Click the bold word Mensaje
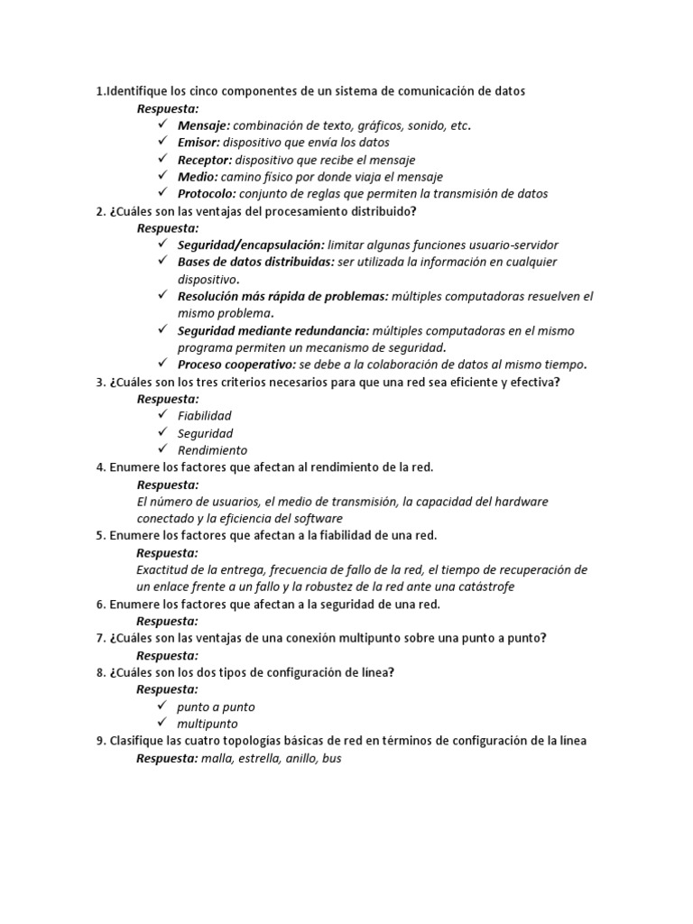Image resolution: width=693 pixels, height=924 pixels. (x=203, y=125)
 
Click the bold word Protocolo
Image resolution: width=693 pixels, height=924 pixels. (x=207, y=194)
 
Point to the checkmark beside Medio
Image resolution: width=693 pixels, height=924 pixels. (x=162, y=176)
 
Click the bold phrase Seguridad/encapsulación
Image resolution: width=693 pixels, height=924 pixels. (x=250, y=245)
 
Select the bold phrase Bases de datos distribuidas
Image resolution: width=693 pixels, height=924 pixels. (x=255, y=263)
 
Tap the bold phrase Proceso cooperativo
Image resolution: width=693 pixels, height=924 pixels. (x=236, y=365)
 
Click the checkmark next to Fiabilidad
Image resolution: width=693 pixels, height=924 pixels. (x=162, y=415)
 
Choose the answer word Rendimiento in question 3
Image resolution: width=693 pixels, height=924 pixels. (x=212, y=450)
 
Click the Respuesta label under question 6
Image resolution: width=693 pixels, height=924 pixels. (x=167, y=622)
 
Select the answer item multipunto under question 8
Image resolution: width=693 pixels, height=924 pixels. (x=207, y=725)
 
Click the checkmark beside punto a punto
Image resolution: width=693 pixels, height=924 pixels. (x=162, y=707)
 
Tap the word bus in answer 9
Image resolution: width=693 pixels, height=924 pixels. (x=331, y=759)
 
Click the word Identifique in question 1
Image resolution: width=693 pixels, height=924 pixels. (x=135, y=91)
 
